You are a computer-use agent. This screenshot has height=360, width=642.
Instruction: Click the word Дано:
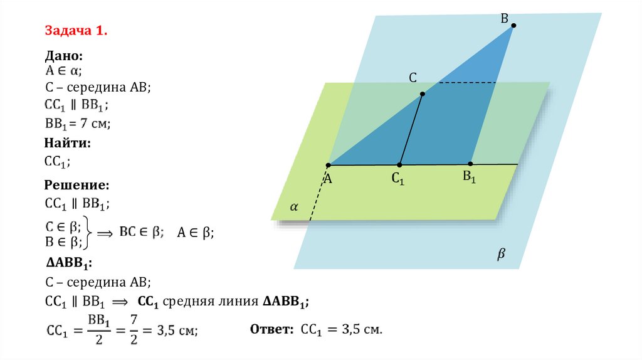(63, 56)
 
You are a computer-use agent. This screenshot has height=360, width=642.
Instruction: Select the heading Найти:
(68, 144)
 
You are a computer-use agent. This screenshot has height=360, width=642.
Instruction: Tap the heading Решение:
(77, 186)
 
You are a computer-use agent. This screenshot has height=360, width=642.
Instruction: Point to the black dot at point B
(513, 26)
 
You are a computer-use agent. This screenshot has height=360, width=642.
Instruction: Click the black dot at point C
(423, 94)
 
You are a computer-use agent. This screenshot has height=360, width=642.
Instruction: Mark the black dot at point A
(328, 166)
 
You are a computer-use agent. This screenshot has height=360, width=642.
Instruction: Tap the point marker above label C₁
(399, 165)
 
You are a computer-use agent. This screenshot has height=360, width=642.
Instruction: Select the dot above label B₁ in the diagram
(471, 164)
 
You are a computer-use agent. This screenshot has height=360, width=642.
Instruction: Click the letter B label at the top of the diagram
(503, 19)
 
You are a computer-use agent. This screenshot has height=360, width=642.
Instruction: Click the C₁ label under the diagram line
(398, 179)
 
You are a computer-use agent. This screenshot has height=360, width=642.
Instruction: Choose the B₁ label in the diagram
(470, 177)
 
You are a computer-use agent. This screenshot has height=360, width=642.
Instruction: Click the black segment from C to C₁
(411, 129)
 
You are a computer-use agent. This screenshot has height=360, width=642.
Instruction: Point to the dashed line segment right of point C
(467, 82)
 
